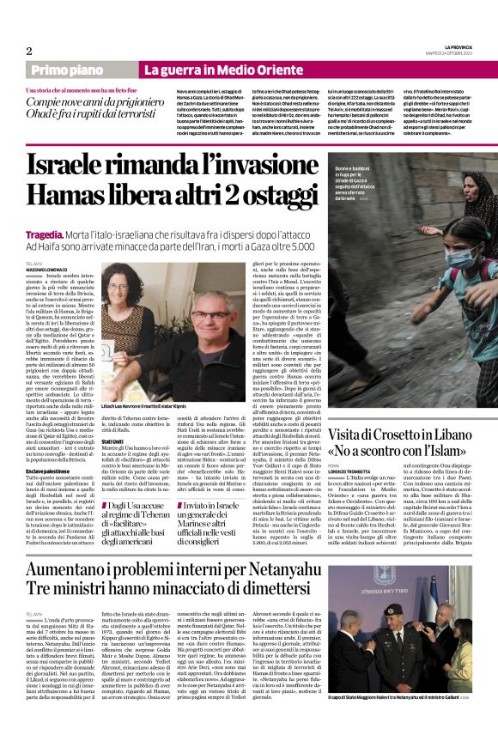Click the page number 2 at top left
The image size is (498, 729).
pyautogui.click(x=28, y=51)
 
